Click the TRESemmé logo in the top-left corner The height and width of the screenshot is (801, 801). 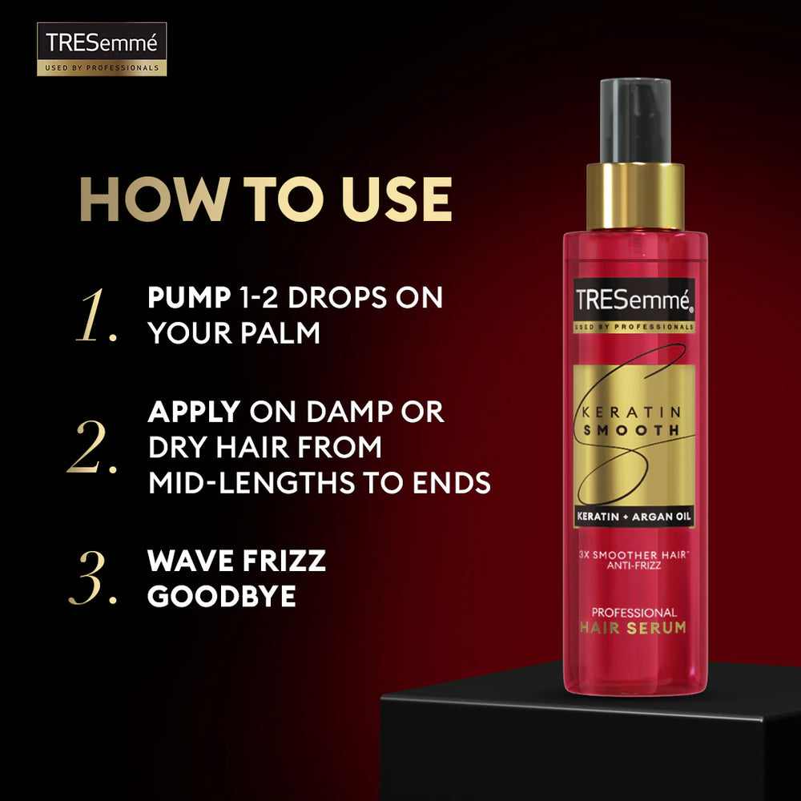point(102,49)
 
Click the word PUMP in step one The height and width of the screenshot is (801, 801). point(189,297)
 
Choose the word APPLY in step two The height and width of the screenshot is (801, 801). point(194,412)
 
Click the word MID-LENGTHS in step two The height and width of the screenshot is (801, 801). point(252,483)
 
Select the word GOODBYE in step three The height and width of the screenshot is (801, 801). point(222,596)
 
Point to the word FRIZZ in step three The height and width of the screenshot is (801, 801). point(284,561)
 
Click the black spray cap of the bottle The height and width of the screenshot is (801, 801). point(635,121)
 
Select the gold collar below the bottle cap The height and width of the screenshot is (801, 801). point(635,197)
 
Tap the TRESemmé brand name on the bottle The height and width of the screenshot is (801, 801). point(634,300)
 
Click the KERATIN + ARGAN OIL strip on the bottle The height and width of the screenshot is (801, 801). point(634,517)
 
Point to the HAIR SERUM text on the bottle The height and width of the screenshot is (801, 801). point(633,628)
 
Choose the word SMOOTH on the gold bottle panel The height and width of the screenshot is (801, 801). point(631,430)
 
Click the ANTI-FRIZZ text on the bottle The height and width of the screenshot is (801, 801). point(634,566)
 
